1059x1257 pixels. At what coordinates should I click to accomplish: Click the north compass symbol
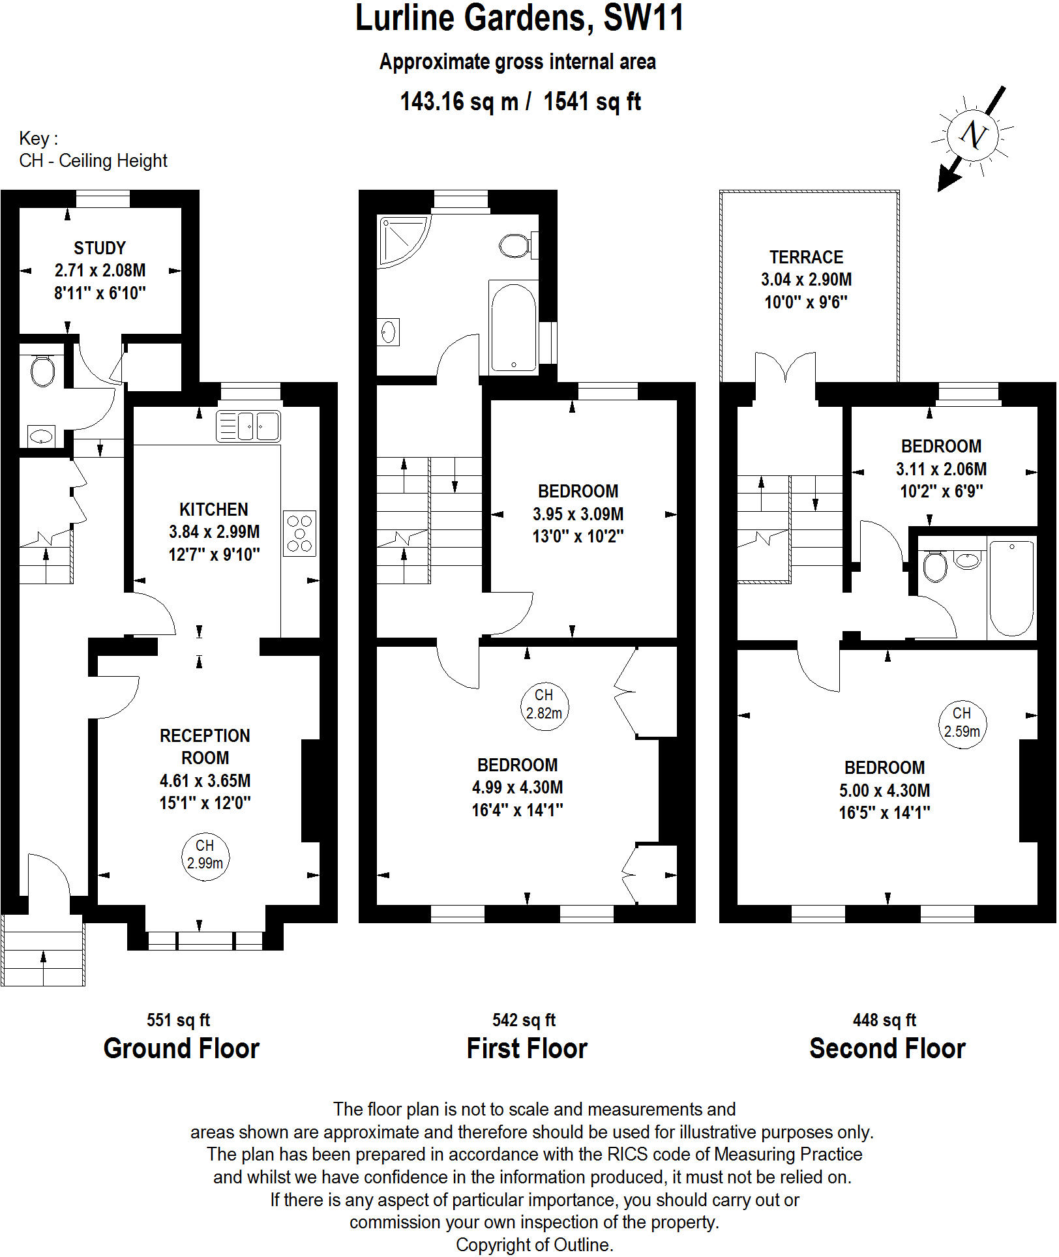point(973,136)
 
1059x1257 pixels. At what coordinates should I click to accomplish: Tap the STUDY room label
point(100,248)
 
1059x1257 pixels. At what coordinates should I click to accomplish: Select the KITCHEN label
point(214,510)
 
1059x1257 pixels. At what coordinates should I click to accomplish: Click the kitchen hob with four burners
point(300,533)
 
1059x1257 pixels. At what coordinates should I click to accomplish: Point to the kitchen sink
point(248,426)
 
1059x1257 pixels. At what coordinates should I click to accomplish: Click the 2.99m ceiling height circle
point(205,855)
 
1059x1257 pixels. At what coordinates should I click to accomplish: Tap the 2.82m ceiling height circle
point(544,705)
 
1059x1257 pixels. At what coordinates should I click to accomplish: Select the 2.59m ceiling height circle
point(962,723)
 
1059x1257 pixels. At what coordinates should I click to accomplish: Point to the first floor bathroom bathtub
point(514,327)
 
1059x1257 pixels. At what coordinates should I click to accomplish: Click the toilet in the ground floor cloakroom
point(42,372)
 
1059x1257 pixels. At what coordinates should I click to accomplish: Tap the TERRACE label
point(806,258)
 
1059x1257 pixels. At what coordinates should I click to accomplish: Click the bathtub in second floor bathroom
point(1011,587)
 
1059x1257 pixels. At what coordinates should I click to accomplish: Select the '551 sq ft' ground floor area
point(178,1020)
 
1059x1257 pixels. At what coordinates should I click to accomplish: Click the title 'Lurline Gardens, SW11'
point(520,18)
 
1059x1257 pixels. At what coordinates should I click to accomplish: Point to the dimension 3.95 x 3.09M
point(578,514)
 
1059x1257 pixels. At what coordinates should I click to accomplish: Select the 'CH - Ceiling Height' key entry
point(93,161)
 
